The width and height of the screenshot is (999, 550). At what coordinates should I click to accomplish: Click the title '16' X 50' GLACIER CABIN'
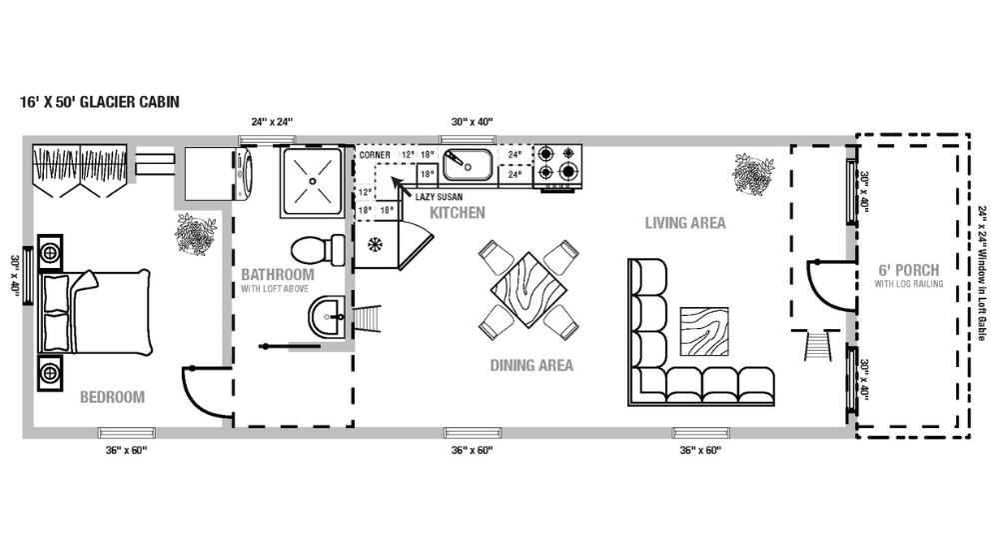[100, 102]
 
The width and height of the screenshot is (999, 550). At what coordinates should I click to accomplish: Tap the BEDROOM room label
[112, 397]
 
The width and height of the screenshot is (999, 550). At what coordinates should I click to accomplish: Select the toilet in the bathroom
[310, 250]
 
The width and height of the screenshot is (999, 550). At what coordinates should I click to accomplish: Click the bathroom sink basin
[325, 317]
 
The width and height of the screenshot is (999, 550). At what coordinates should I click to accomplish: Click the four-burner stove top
[559, 165]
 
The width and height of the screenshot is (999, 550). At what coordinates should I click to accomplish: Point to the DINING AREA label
[531, 365]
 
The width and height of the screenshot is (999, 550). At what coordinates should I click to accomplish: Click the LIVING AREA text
[685, 223]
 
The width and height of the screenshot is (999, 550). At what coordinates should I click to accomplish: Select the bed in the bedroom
[95, 310]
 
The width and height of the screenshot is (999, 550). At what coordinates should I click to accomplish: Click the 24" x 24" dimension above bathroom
[272, 122]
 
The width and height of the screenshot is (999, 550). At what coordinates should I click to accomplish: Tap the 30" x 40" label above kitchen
[472, 122]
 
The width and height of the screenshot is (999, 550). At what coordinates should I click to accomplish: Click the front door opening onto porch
[829, 283]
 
